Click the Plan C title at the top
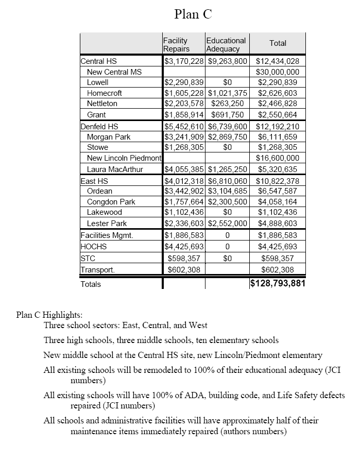pos(193,14)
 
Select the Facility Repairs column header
pos(176,44)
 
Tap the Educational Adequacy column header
pos(226,44)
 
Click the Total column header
pos(278,43)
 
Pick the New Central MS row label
pos(114,72)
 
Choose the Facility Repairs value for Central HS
pos(184,61)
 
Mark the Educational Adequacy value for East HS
pos(228,181)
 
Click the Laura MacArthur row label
pos(115,169)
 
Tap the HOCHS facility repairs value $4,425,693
pos(184,246)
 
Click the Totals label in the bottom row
pos(91,284)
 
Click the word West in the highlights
pos(198,326)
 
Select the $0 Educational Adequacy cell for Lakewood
pos(228,212)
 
